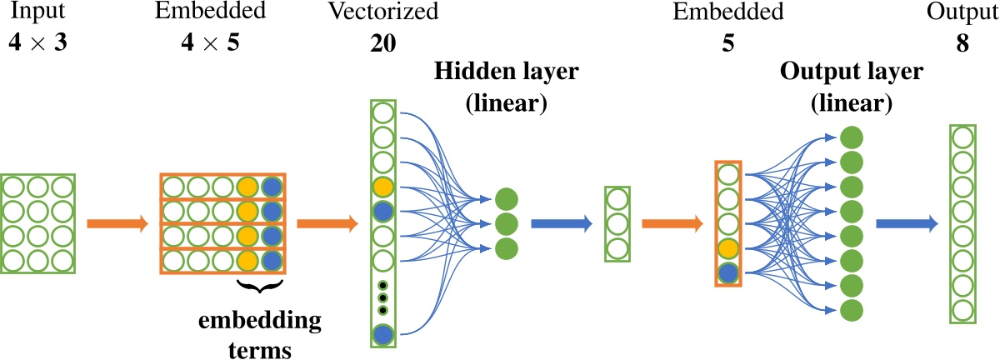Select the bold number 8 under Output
point(962,42)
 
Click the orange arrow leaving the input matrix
point(118,223)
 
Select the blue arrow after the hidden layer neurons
point(561,223)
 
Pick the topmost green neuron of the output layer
point(851,137)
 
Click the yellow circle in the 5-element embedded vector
point(727,248)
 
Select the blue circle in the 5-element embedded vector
point(727,272)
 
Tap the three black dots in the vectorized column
point(382,297)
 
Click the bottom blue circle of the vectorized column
point(382,334)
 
